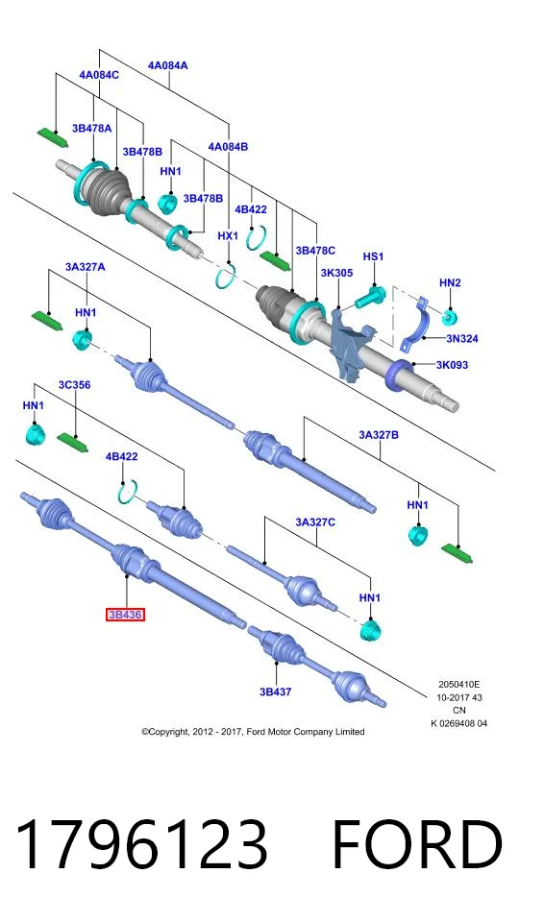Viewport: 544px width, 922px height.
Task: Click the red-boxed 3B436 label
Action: pos(125,615)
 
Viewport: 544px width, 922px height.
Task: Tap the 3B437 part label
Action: pos(276,692)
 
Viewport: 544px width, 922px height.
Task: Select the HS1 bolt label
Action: pos(373,256)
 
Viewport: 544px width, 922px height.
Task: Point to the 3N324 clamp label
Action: pos(462,339)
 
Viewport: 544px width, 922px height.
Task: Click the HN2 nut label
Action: pos(450,282)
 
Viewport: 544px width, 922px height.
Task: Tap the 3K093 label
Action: pos(452,365)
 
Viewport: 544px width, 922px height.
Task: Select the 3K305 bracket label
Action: pos(336,273)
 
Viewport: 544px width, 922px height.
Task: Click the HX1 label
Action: pos(228,236)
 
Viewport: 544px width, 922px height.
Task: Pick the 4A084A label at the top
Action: pos(168,65)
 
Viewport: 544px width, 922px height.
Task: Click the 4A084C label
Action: pos(99,75)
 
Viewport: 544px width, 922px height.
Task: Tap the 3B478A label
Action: pos(92,128)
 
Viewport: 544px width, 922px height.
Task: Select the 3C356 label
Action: pos(74,385)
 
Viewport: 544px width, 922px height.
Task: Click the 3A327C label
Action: pos(315,522)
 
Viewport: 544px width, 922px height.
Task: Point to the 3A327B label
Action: pos(379,435)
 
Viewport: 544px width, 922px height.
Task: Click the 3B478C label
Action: pos(315,251)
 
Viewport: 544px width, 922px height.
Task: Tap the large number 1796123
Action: pos(141,844)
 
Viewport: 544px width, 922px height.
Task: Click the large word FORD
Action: pos(417,844)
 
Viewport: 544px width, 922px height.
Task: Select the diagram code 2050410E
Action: pos(459,685)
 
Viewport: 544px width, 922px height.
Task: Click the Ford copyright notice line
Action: pos(253,732)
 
